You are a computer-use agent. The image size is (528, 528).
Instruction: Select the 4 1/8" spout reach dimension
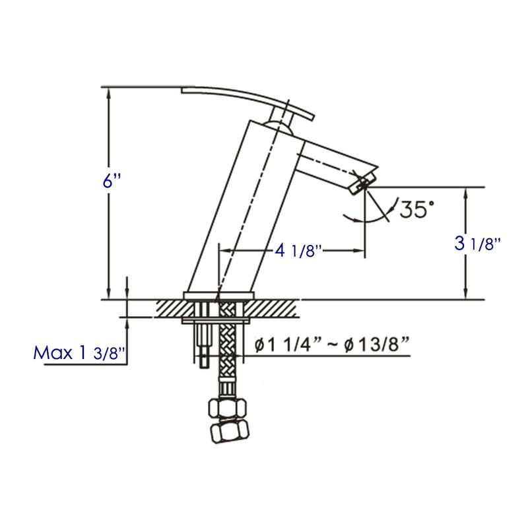pos(297,251)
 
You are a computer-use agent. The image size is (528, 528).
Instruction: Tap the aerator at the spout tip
pos(362,181)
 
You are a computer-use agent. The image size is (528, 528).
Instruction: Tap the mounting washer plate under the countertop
pos(218,321)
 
